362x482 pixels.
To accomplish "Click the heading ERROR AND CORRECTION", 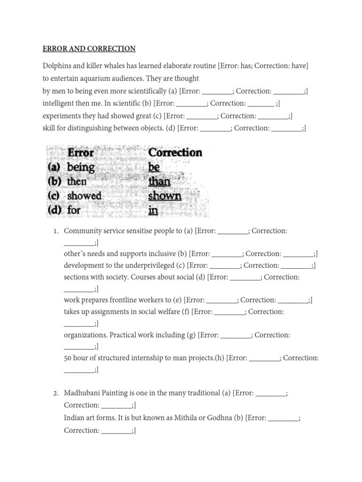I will pos(89,48).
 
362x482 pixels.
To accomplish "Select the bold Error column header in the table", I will pos(81,153).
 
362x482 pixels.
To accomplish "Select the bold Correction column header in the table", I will pos(175,153).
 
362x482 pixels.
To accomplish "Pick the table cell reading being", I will pos(81,167).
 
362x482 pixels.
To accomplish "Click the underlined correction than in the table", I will pos(159,181).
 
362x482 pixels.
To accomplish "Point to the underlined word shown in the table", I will pos(165,195).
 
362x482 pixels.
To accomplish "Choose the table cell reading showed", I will pos(84,195).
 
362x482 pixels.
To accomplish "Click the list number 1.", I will pos(55,231).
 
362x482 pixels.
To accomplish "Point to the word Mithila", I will pos(185,418).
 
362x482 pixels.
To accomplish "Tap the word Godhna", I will pos(220,418).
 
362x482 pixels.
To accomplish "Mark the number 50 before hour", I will pos(68,358).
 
